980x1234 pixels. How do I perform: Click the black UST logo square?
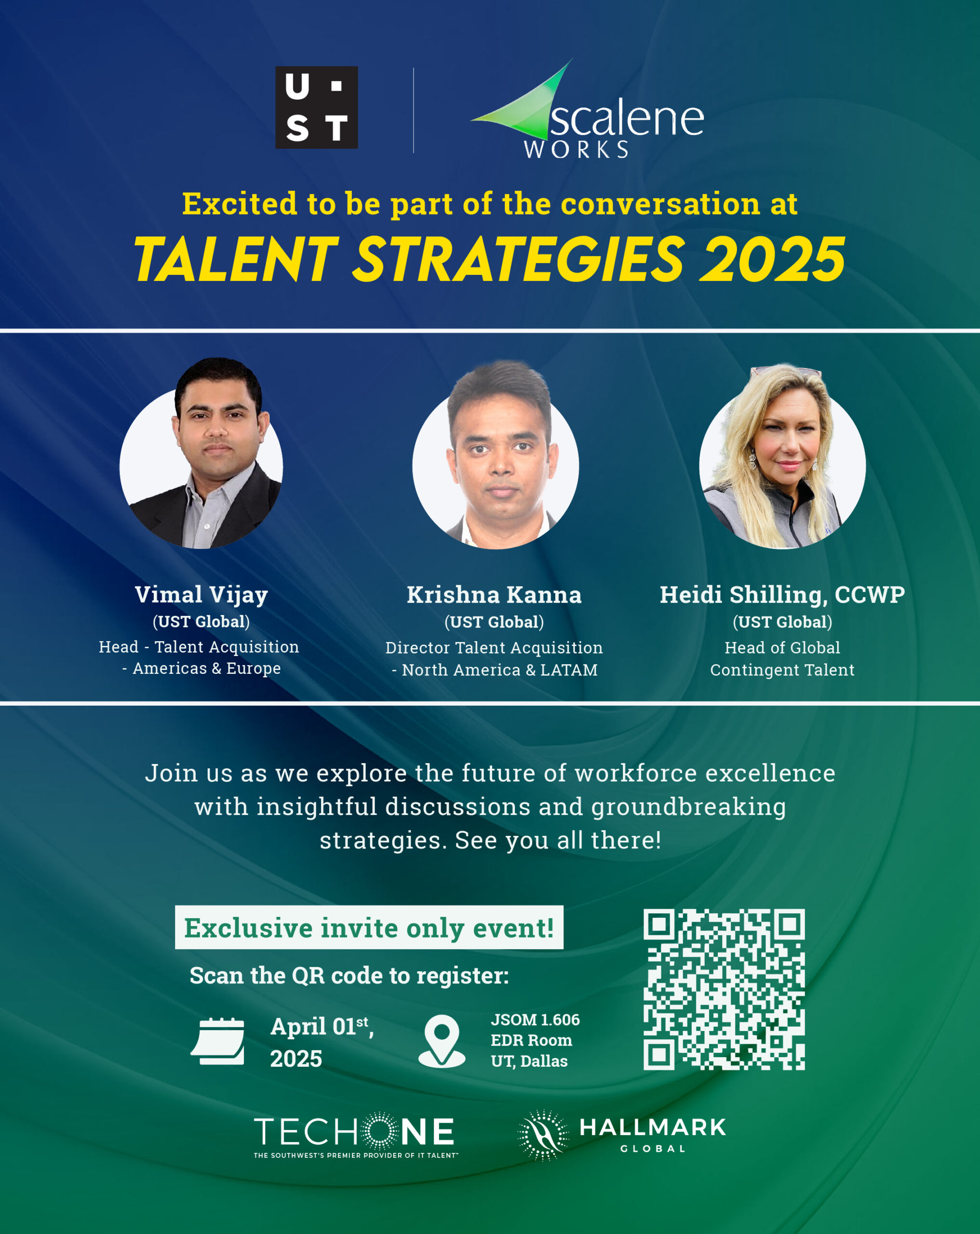[317, 107]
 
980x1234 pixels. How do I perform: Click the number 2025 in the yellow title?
[772, 259]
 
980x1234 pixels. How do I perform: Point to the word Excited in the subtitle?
[240, 204]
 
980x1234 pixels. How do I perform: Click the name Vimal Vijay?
[201, 595]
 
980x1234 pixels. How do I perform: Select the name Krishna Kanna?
[494, 595]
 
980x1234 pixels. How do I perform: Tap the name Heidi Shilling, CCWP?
[782, 595]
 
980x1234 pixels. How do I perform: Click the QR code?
[724, 990]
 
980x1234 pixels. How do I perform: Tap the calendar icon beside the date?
[217, 1041]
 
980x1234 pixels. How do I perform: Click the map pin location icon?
[442, 1041]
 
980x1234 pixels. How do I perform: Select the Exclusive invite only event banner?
[369, 927]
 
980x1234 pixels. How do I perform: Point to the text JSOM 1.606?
[535, 1019]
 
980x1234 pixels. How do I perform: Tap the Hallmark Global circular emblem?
[543, 1136]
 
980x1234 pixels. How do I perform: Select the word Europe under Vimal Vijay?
[254, 669]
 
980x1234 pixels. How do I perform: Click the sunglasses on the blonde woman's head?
[785, 371]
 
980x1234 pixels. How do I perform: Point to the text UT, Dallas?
[529, 1061]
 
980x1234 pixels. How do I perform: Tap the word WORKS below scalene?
[577, 149]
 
